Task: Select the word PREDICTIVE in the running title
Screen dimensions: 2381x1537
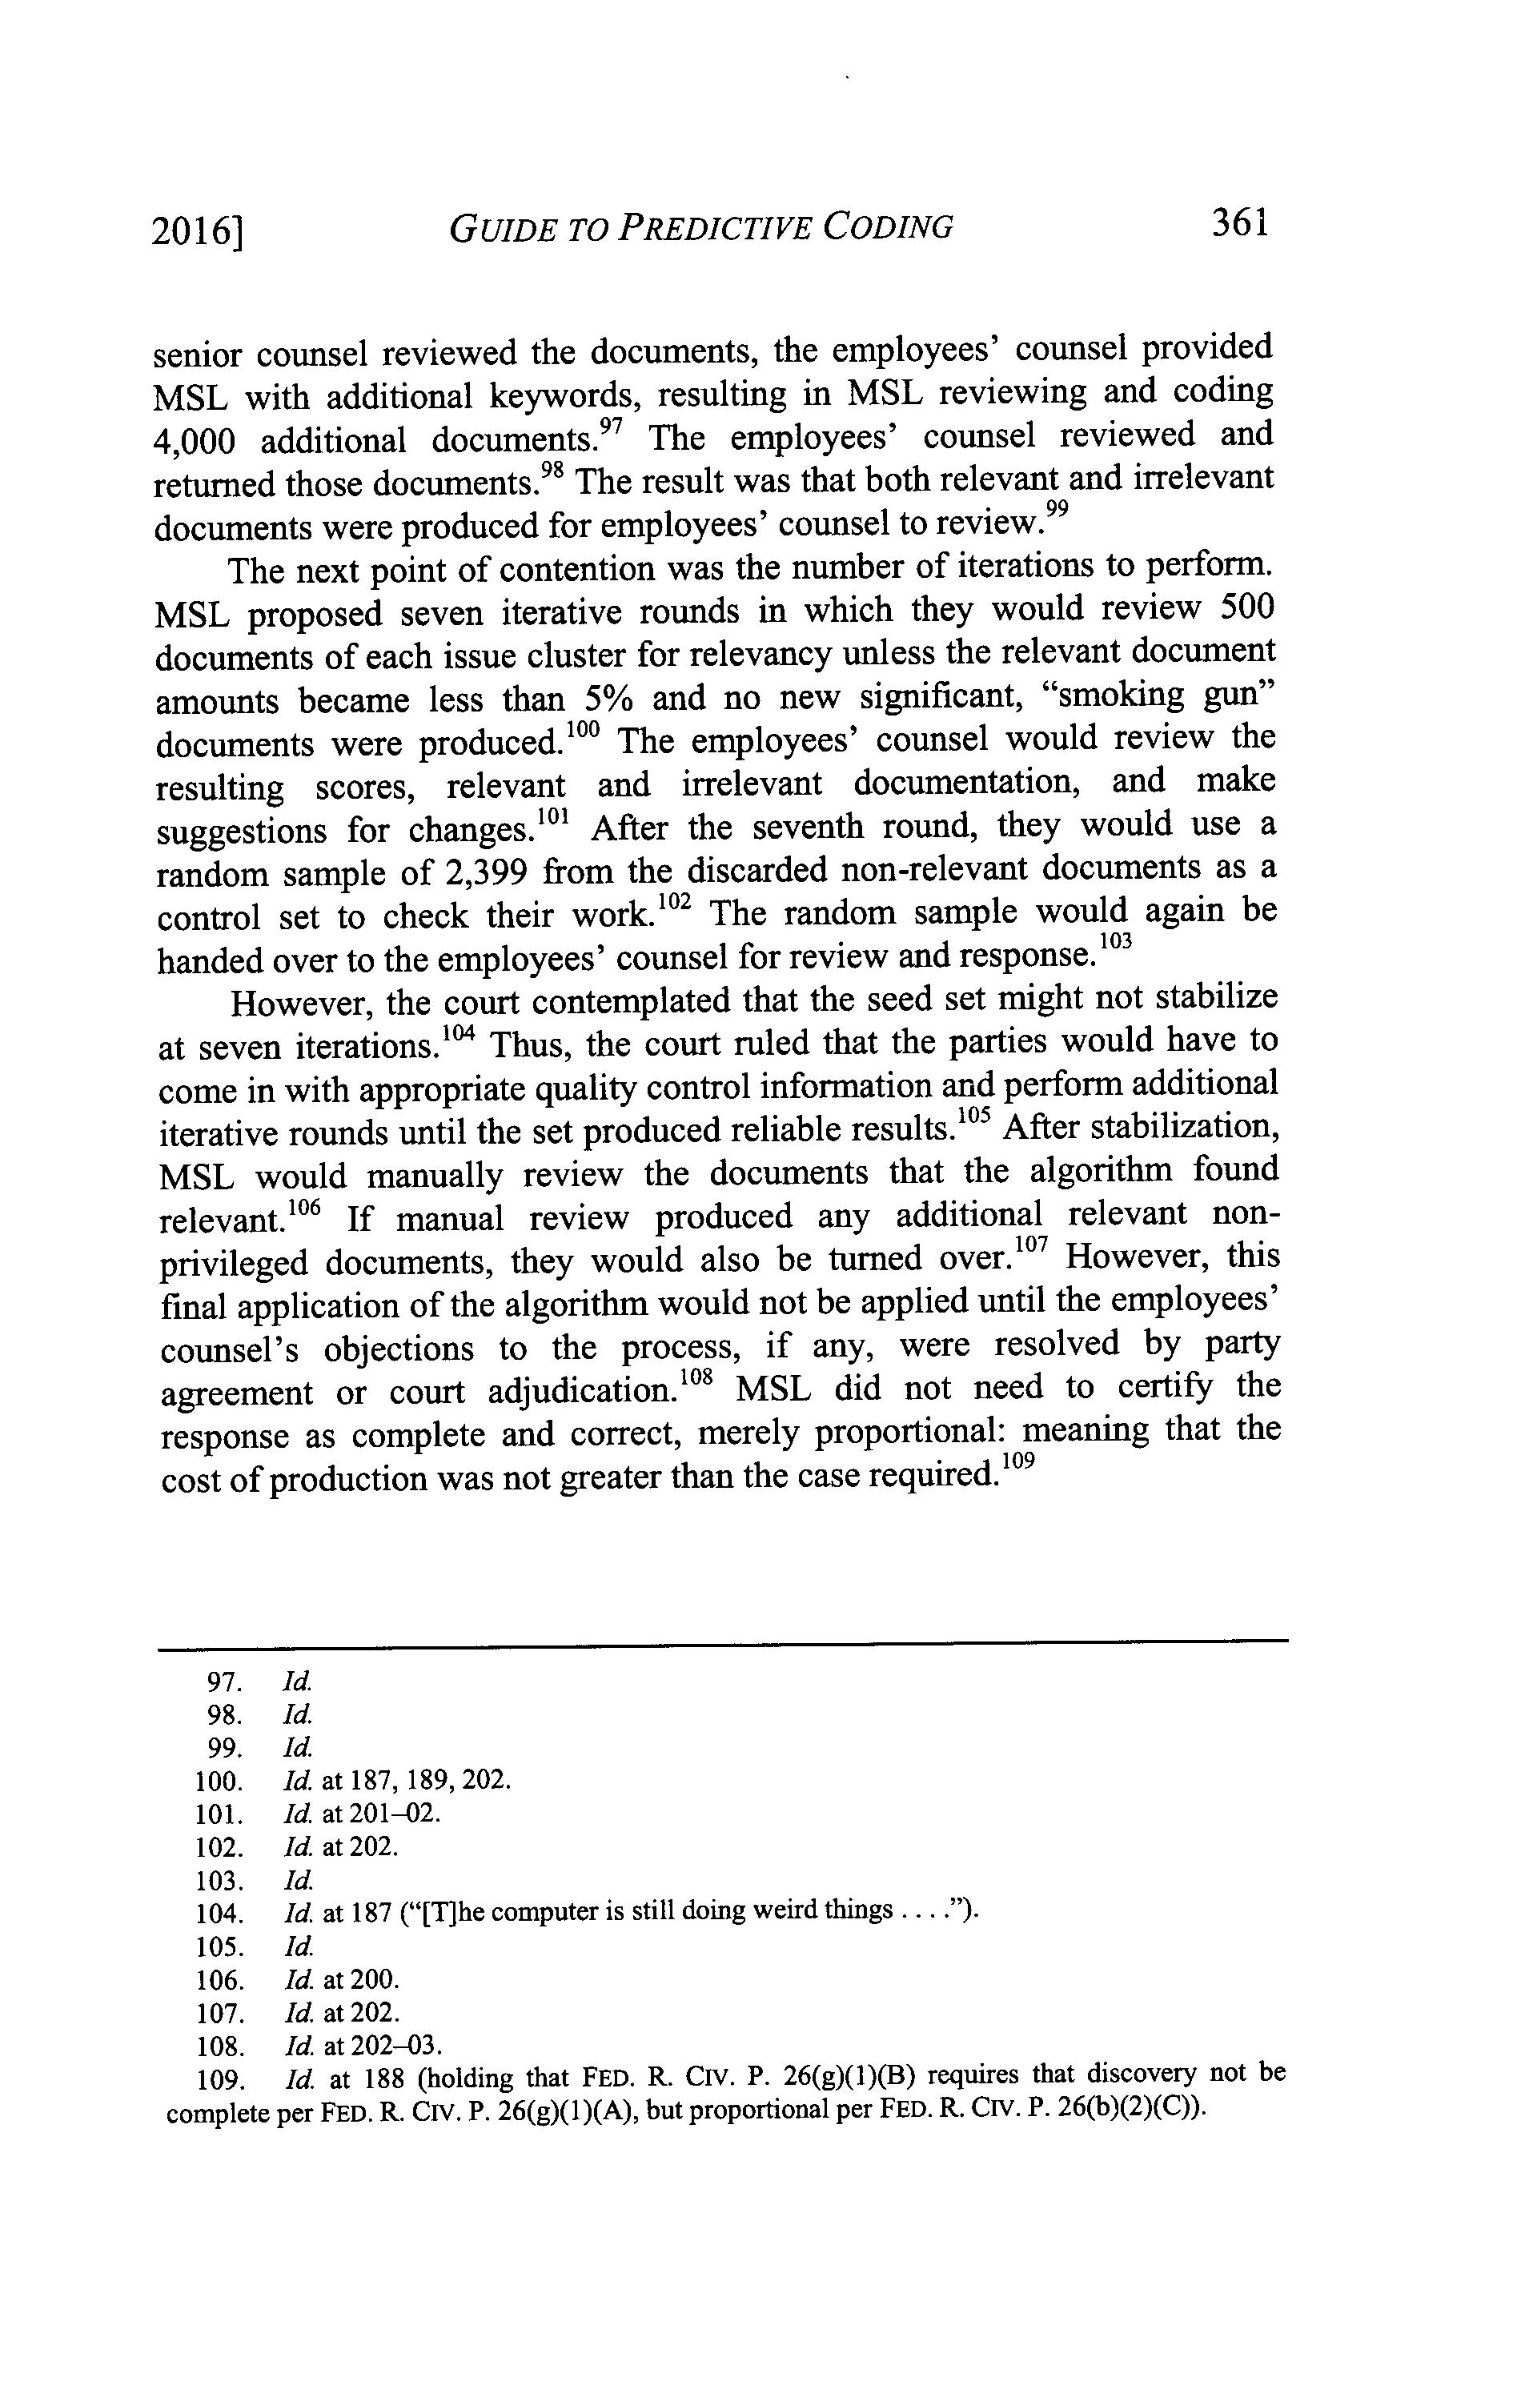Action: coord(712,229)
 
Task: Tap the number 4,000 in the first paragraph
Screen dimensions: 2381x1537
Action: coord(195,440)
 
